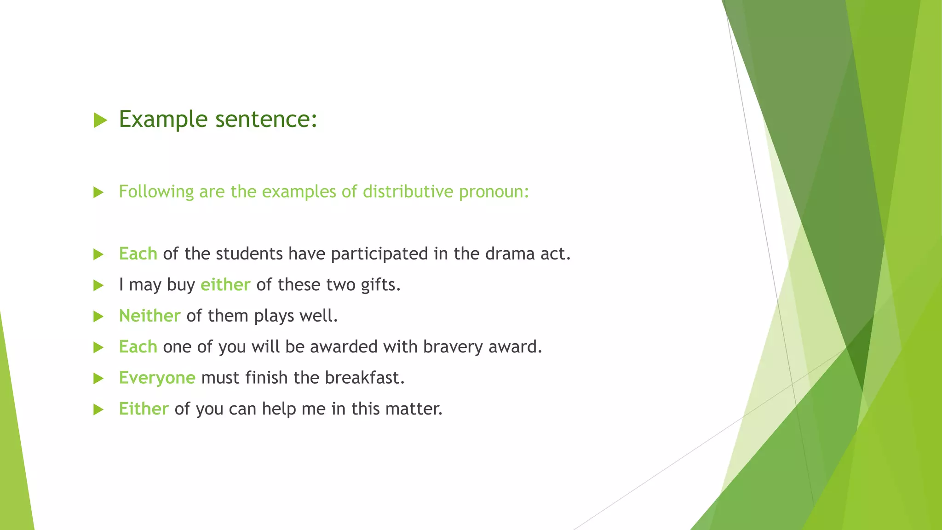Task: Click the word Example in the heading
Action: (163, 119)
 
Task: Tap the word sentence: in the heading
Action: (266, 119)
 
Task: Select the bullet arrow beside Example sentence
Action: (100, 121)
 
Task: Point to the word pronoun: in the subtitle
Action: (494, 191)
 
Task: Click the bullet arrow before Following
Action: (98, 192)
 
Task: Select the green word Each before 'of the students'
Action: (138, 253)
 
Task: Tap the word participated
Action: (379, 253)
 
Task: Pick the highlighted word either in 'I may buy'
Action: (225, 285)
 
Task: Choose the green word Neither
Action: (149, 316)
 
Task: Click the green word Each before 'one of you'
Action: (138, 346)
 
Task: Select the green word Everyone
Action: (157, 378)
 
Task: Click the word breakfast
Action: (364, 378)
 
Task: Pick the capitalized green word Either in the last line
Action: (144, 409)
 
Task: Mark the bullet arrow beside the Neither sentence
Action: (98, 317)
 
